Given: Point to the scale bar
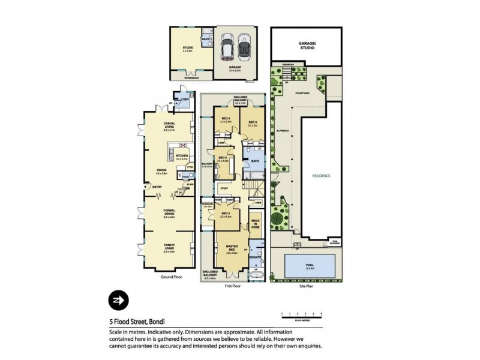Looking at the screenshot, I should (302, 314).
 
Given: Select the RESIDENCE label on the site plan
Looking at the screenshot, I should (320, 176).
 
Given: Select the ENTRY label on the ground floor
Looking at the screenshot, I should (157, 187).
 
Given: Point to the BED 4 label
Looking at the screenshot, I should (226, 118).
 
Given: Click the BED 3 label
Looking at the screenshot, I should (252, 122).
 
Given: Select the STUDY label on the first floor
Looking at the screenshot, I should (224, 188).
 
